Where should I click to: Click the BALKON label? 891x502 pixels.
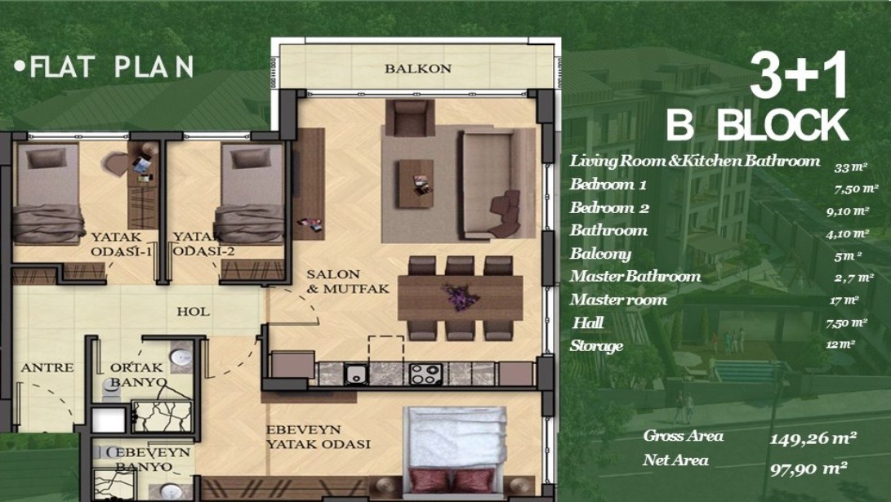click(x=417, y=69)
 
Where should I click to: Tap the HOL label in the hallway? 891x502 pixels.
click(x=193, y=312)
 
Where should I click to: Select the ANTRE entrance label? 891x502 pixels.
click(x=47, y=368)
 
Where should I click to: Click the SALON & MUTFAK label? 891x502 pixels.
click(x=348, y=282)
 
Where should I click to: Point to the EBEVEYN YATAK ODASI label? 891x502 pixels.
click(x=319, y=437)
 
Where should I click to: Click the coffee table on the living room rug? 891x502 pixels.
click(x=416, y=184)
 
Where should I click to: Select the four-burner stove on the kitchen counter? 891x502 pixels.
click(x=425, y=374)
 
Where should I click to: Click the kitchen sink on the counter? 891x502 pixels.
click(x=356, y=374)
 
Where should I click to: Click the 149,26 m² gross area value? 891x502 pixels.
click(x=813, y=438)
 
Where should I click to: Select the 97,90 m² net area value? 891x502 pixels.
click(x=809, y=469)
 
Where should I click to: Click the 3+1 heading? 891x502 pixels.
click(x=799, y=75)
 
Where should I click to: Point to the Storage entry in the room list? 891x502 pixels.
click(x=597, y=346)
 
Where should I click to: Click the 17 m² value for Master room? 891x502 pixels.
click(x=844, y=300)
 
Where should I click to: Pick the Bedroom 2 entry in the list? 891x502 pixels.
click(x=609, y=207)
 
